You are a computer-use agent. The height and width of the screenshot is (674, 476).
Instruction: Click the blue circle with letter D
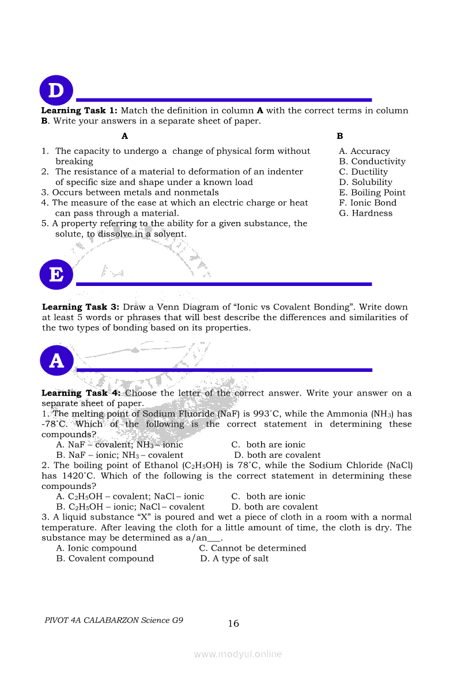pos(56,91)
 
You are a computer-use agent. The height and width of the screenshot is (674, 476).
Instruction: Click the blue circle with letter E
pos(56,274)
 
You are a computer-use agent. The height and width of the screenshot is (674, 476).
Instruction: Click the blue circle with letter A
pos(56,361)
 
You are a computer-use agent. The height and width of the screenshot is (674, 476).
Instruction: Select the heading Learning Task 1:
pos(80,111)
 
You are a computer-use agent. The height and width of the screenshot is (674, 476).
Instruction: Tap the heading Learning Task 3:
pos(81,307)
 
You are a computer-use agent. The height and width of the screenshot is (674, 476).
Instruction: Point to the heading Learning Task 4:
pos(81,393)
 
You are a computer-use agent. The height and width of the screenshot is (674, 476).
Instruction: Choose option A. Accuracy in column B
pos(364,151)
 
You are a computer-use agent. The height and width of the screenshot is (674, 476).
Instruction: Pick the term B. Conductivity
pos(372,161)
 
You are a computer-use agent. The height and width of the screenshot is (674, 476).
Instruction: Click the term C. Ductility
pos(364,172)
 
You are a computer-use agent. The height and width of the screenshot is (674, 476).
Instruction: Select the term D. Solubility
pos(365,182)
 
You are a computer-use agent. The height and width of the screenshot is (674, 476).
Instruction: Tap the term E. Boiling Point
pos(372,193)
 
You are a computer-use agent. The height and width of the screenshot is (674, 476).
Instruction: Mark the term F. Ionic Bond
pos(368,203)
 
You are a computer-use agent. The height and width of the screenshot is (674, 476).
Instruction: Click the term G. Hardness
pos(365,213)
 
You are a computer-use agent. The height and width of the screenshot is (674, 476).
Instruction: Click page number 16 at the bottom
pos(233,623)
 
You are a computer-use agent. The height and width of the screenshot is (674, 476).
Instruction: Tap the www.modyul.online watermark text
pos(238,654)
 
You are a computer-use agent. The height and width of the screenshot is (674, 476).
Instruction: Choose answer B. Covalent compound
pos(105,559)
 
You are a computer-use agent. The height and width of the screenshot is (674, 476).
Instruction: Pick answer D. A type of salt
pos(234,559)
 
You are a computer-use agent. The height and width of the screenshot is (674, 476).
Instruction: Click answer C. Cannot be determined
pos(252,548)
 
